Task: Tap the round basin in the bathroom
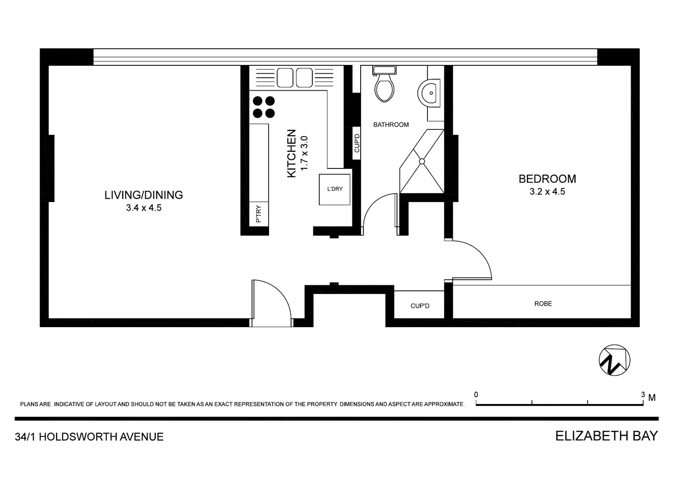(430, 93)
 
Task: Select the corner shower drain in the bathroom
(421, 161)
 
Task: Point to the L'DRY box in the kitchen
(335, 189)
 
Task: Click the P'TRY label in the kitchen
(258, 214)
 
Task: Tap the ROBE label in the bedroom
(543, 304)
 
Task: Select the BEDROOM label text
(547, 179)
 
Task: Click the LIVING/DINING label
(144, 195)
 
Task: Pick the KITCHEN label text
(291, 153)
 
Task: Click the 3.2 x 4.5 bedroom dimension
(547, 192)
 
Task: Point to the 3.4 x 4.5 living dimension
(144, 208)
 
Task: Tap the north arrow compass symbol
(614, 360)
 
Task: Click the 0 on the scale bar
(476, 395)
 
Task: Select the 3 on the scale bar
(643, 395)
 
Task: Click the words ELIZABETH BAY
(607, 436)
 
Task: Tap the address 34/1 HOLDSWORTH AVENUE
(89, 437)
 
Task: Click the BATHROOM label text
(391, 125)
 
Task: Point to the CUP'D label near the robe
(420, 306)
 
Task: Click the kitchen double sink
(295, 77)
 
